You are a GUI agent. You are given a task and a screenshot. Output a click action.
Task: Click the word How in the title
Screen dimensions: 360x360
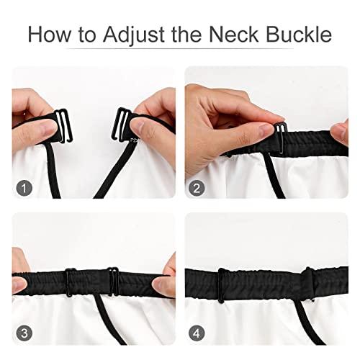[49, 35]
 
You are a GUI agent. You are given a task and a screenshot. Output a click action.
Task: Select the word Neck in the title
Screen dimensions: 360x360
[233, 35]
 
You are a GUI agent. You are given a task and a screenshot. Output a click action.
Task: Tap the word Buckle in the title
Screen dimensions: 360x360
[299, 35]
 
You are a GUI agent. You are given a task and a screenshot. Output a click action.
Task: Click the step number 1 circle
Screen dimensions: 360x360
[24, 188]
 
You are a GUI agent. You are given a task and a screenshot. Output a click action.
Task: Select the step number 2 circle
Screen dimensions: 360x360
[197, 188]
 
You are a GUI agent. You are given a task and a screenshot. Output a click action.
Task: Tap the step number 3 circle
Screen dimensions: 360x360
[24, 333]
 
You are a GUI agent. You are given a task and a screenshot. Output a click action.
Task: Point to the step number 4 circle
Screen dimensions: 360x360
[197, 333]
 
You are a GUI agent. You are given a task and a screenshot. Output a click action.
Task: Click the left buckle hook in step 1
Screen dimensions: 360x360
[64, 126]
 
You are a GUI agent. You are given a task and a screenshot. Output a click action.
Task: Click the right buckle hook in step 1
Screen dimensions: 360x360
[121, 125]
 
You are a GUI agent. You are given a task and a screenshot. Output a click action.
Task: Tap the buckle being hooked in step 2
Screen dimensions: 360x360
[281, 138]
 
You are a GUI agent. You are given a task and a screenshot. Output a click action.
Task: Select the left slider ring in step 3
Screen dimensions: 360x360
[68, 282]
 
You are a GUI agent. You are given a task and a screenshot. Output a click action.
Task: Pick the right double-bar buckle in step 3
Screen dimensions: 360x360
[113, 282]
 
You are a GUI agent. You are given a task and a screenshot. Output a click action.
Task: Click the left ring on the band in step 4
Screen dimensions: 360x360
[222, 285]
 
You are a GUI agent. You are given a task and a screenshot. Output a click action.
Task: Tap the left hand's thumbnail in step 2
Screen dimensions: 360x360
[266, 130]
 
